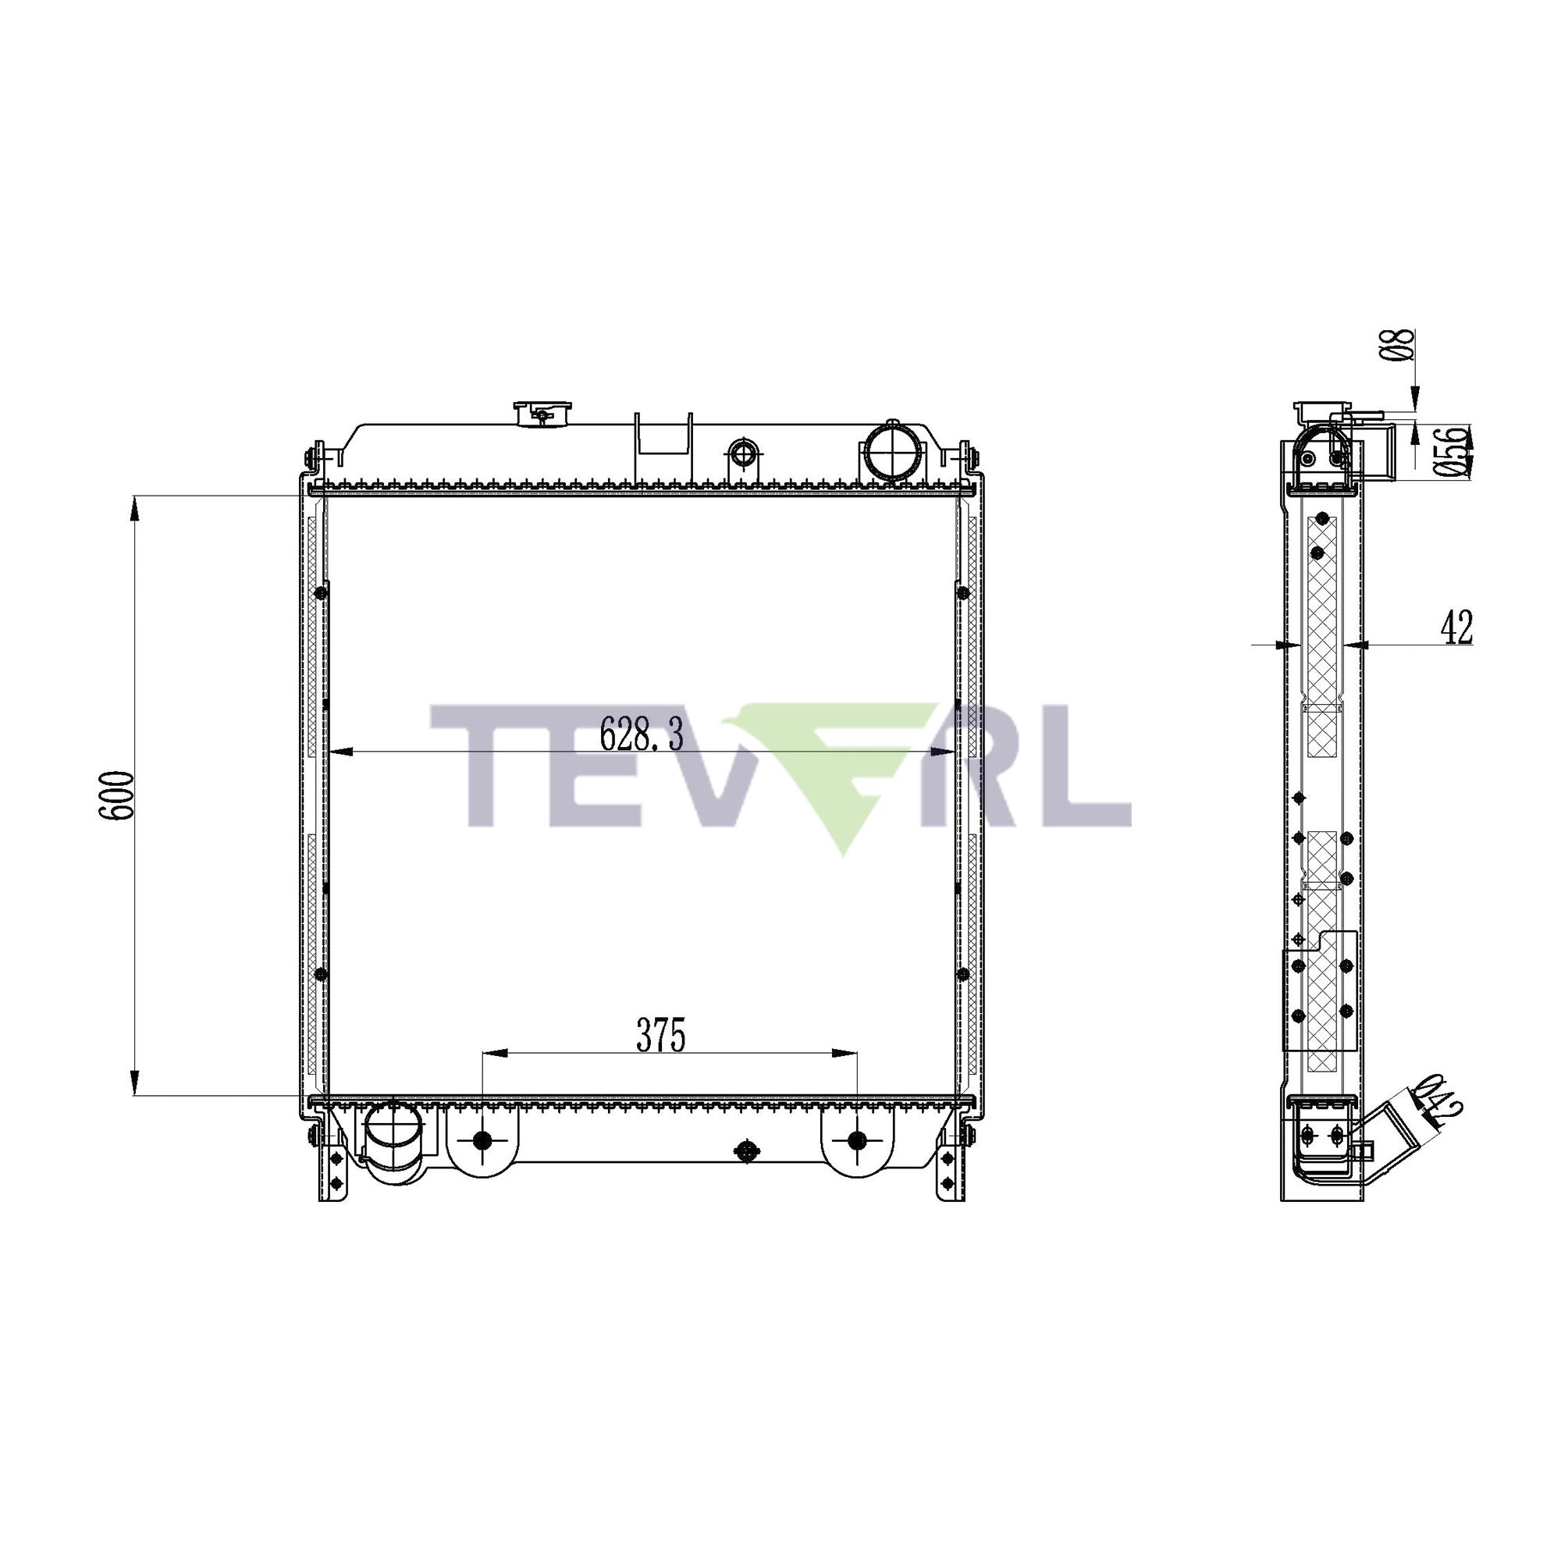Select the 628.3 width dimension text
pyautogui.click(x=642, y=735)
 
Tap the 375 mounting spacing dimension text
pyautogui.click(x=661, y=1036)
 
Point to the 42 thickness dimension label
pyautogui.click(x=1457, y=628)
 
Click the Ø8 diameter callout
pyautogui.click(x=1404, y=345)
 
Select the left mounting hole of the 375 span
pyautogui.click(x=482, y=1141)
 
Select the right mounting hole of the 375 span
pyautogui.click(x=857, y=1141)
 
